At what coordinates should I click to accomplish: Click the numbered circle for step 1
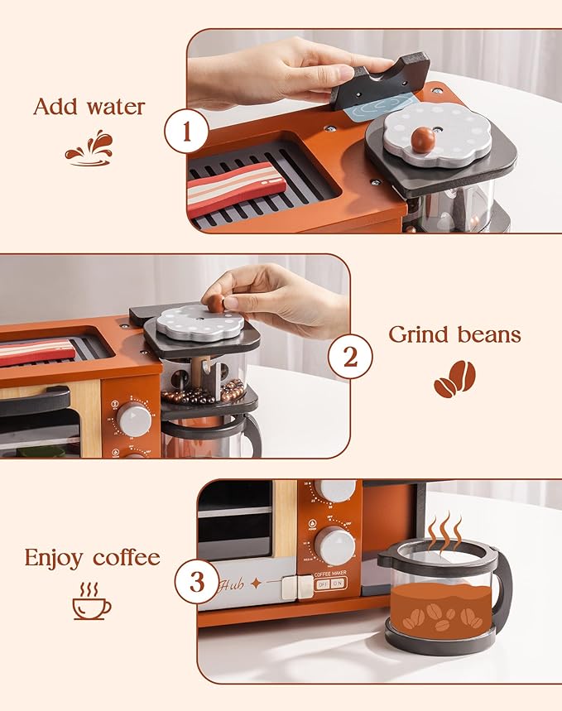[185, 132]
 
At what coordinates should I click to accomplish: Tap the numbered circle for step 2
[350, 358]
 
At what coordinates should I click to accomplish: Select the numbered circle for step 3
[196, 582]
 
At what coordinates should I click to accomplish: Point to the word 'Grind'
[420, 334]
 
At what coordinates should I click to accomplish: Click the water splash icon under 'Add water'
[88, 147]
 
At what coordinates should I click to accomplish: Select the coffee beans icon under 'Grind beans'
[454, 377]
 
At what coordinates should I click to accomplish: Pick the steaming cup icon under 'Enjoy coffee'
[91, 601]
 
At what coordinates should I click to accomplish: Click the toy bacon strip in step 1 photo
[236, 187]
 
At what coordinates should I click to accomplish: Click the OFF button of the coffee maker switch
[323, 584]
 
